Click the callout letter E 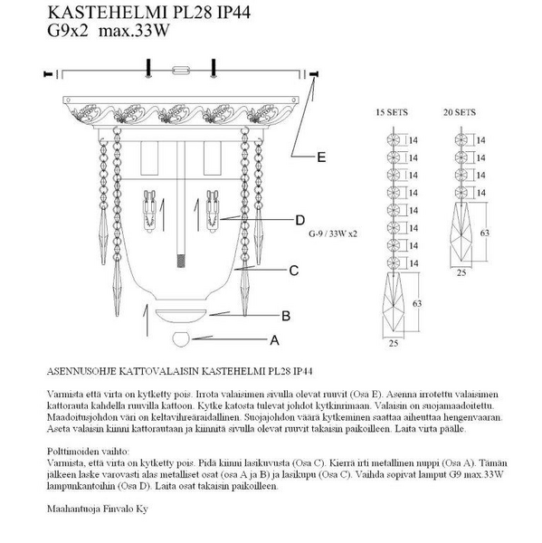click(321, 157)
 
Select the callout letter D click(300, 220)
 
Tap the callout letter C click(294, 271)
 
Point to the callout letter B click(286, 316)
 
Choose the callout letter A click(274, 340)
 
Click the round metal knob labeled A click(181, 339)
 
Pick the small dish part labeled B click(181, 316)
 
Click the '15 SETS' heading click(392, 112)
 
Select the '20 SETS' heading click(460, 112)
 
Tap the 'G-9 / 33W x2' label click(333, 233)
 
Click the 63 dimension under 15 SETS click(417, 304)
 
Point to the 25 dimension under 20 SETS click(461, 273)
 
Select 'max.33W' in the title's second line click(134, 31)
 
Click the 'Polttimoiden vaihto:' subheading click(88, 452)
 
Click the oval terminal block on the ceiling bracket click(181, 71)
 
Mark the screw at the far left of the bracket click(48, 74)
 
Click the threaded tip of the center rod click(181, 261)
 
